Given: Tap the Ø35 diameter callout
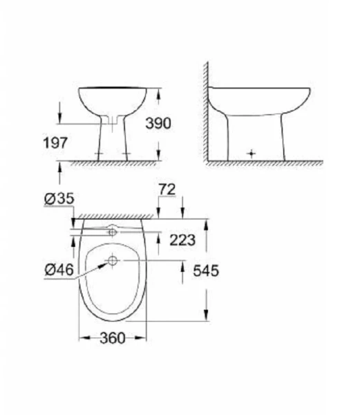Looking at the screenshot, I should [56, 199].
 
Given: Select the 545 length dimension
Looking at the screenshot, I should [205, 271].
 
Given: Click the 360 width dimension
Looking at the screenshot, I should [112, 338].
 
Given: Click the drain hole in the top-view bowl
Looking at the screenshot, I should [111, 261].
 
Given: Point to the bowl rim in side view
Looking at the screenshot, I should [276, 89].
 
